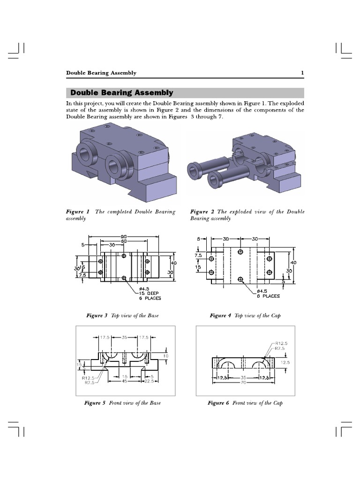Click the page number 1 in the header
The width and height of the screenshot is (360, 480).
[x=302, y=73]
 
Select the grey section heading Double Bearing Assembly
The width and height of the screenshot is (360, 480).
[x=121, y=93]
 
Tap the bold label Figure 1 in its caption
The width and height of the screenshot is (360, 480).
[x=77, y=212]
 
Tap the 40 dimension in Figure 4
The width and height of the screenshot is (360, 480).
[x=293, y=262]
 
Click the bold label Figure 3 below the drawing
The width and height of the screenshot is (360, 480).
[x=97, y=316]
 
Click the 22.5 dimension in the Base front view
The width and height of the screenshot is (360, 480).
[x=149, y=381]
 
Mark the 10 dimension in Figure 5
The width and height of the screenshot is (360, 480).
[x=165, y=356]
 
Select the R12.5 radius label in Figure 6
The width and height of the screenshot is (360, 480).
[x=281, y=343]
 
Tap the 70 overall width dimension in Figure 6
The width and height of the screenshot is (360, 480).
[x=242, y=382]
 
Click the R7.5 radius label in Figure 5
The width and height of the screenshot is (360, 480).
[x=90, y=382]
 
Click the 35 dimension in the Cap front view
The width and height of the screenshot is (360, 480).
[x=242, y=377]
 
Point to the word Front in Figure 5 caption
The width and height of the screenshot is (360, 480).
[x=117, y=403]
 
